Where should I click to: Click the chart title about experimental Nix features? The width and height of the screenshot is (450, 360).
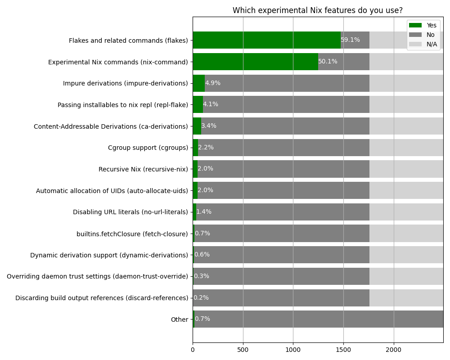[x=318, y=10]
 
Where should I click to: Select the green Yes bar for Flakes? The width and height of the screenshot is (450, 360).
[x=266, y=40]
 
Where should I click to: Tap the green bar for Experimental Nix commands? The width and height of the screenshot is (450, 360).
[x=255, y=62]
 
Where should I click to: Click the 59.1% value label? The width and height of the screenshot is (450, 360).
[x=350, y=40]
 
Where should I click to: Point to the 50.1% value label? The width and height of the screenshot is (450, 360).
[x=328, y=62]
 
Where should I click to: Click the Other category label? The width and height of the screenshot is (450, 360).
[x=179, y=319]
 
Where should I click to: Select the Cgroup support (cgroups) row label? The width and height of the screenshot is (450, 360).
[x=148, y=148]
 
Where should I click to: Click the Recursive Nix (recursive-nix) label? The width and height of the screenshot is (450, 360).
[x=143, y=169]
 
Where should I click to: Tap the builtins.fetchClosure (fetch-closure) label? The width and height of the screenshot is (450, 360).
[x=132, y=234]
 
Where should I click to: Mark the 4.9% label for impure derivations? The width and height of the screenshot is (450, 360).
[x=213, y=83]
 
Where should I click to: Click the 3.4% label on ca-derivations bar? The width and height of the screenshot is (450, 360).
[x=209, y=126]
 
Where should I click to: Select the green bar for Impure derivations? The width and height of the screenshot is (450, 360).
[x=198, y=83]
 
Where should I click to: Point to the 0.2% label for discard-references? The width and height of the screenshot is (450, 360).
[x=201, y=298]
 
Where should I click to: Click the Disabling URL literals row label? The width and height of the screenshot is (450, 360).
[x=130, y=212]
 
